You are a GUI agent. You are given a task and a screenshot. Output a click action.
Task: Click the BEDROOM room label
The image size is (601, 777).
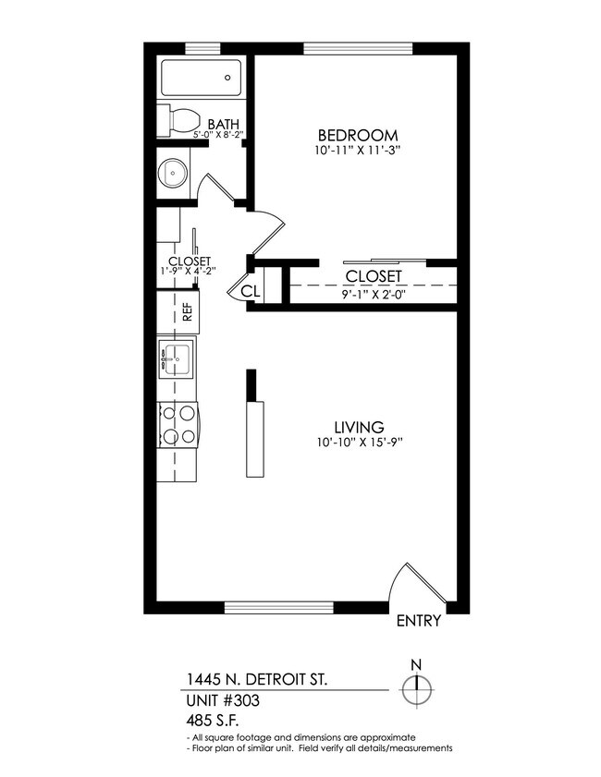[359, 135]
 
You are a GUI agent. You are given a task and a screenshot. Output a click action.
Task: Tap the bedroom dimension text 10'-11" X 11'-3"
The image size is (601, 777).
[359, 150]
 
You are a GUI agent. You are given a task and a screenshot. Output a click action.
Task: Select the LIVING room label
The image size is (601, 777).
[359, 427]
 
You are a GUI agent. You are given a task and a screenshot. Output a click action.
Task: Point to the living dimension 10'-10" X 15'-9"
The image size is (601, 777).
[359, 442]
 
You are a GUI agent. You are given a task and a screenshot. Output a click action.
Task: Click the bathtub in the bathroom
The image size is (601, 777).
[202, 78]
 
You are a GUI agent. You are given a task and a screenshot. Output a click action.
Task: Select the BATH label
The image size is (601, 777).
[223, 124]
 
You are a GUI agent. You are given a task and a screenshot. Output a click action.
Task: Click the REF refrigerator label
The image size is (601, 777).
[188, 312]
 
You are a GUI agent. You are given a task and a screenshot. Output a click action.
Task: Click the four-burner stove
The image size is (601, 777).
[178, 426]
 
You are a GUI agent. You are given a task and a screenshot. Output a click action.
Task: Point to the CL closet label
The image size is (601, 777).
[250, 292]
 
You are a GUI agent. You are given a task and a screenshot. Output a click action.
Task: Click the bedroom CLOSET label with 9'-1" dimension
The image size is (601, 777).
[373, 276]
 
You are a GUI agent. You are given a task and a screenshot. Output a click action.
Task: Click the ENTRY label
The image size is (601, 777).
[418, 621]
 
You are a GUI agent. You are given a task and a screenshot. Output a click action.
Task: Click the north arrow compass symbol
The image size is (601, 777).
[418, 688]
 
